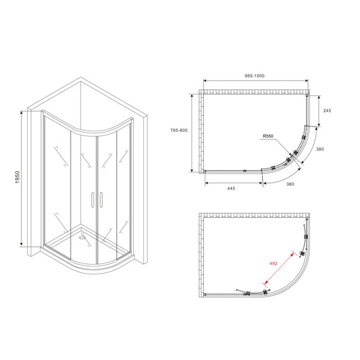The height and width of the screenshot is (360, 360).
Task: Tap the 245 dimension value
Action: [327, 110]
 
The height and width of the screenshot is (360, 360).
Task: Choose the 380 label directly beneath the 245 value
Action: [320, 150]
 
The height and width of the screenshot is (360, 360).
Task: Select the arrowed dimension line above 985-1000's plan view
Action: [255, 83]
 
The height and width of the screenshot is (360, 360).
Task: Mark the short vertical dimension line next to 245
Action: [319, 110]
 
